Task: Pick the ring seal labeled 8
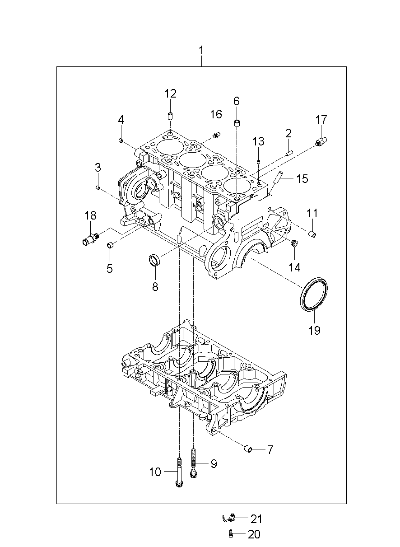point(155,259)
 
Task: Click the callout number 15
point(302,179)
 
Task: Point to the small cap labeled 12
point(170,116)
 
